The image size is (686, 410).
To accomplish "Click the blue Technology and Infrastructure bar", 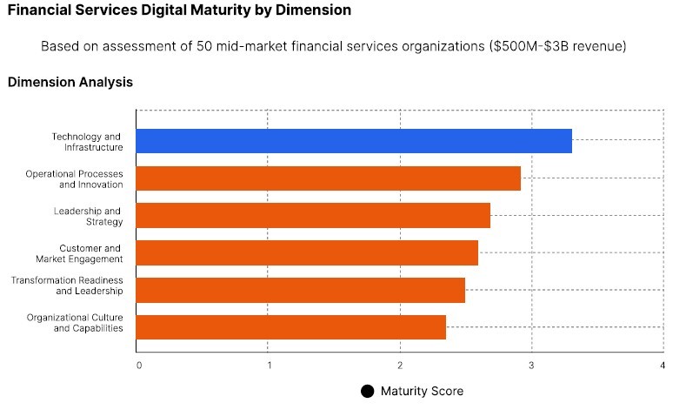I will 354,141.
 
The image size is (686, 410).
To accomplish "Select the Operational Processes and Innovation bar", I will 329,178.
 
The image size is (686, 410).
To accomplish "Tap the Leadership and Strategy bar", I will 313,215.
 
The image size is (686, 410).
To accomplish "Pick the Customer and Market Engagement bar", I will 307,252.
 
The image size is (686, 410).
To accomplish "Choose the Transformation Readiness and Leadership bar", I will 301,290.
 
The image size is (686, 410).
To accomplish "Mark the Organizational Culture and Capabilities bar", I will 291,327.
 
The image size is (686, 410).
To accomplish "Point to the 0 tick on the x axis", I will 139,365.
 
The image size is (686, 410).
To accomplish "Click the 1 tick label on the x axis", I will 269,365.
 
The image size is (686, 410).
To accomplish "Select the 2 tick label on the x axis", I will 400,365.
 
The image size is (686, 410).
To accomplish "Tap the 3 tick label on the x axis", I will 531,365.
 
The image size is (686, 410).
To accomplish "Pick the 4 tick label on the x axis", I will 663,365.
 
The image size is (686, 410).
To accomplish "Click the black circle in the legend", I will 367,392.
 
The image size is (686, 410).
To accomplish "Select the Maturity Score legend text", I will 422,392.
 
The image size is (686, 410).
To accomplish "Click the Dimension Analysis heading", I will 70,83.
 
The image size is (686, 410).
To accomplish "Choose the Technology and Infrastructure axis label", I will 87,142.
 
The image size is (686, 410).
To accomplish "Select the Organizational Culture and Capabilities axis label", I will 75,322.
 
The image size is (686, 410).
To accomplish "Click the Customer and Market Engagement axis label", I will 79,253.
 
